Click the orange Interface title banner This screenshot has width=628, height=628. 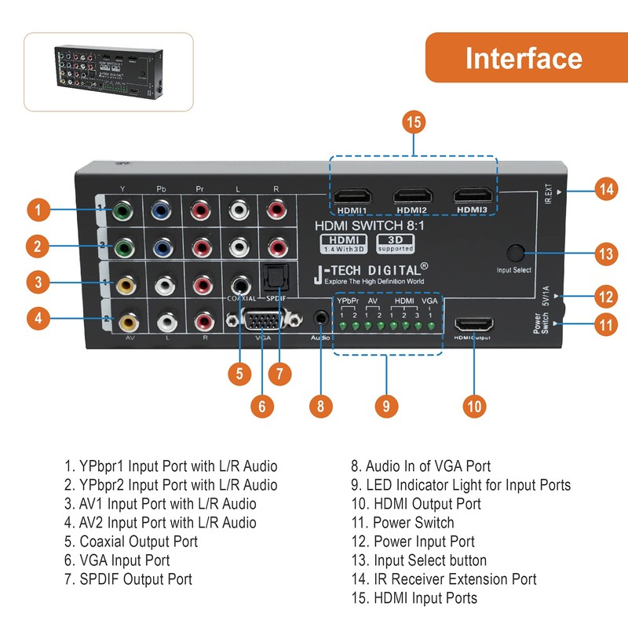click(x=524, y=59)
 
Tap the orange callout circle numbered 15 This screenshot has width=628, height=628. click(x=414, y=123)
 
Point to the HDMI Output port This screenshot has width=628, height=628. click(x=473, y=324)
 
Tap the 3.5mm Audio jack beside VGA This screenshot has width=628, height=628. click(x=320, y=319)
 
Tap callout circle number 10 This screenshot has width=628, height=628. click(x=473, y=405)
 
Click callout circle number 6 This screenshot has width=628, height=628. click(x=263, y=405)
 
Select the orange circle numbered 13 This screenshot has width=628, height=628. click(x=604, y=254)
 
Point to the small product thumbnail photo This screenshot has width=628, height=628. click(x=108, y=72)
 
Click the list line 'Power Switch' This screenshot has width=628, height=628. click(x=413, y=523)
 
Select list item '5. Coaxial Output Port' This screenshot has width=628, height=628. click(x=131, y=542)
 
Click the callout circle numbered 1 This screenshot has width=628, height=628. click(x=37, y=210)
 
